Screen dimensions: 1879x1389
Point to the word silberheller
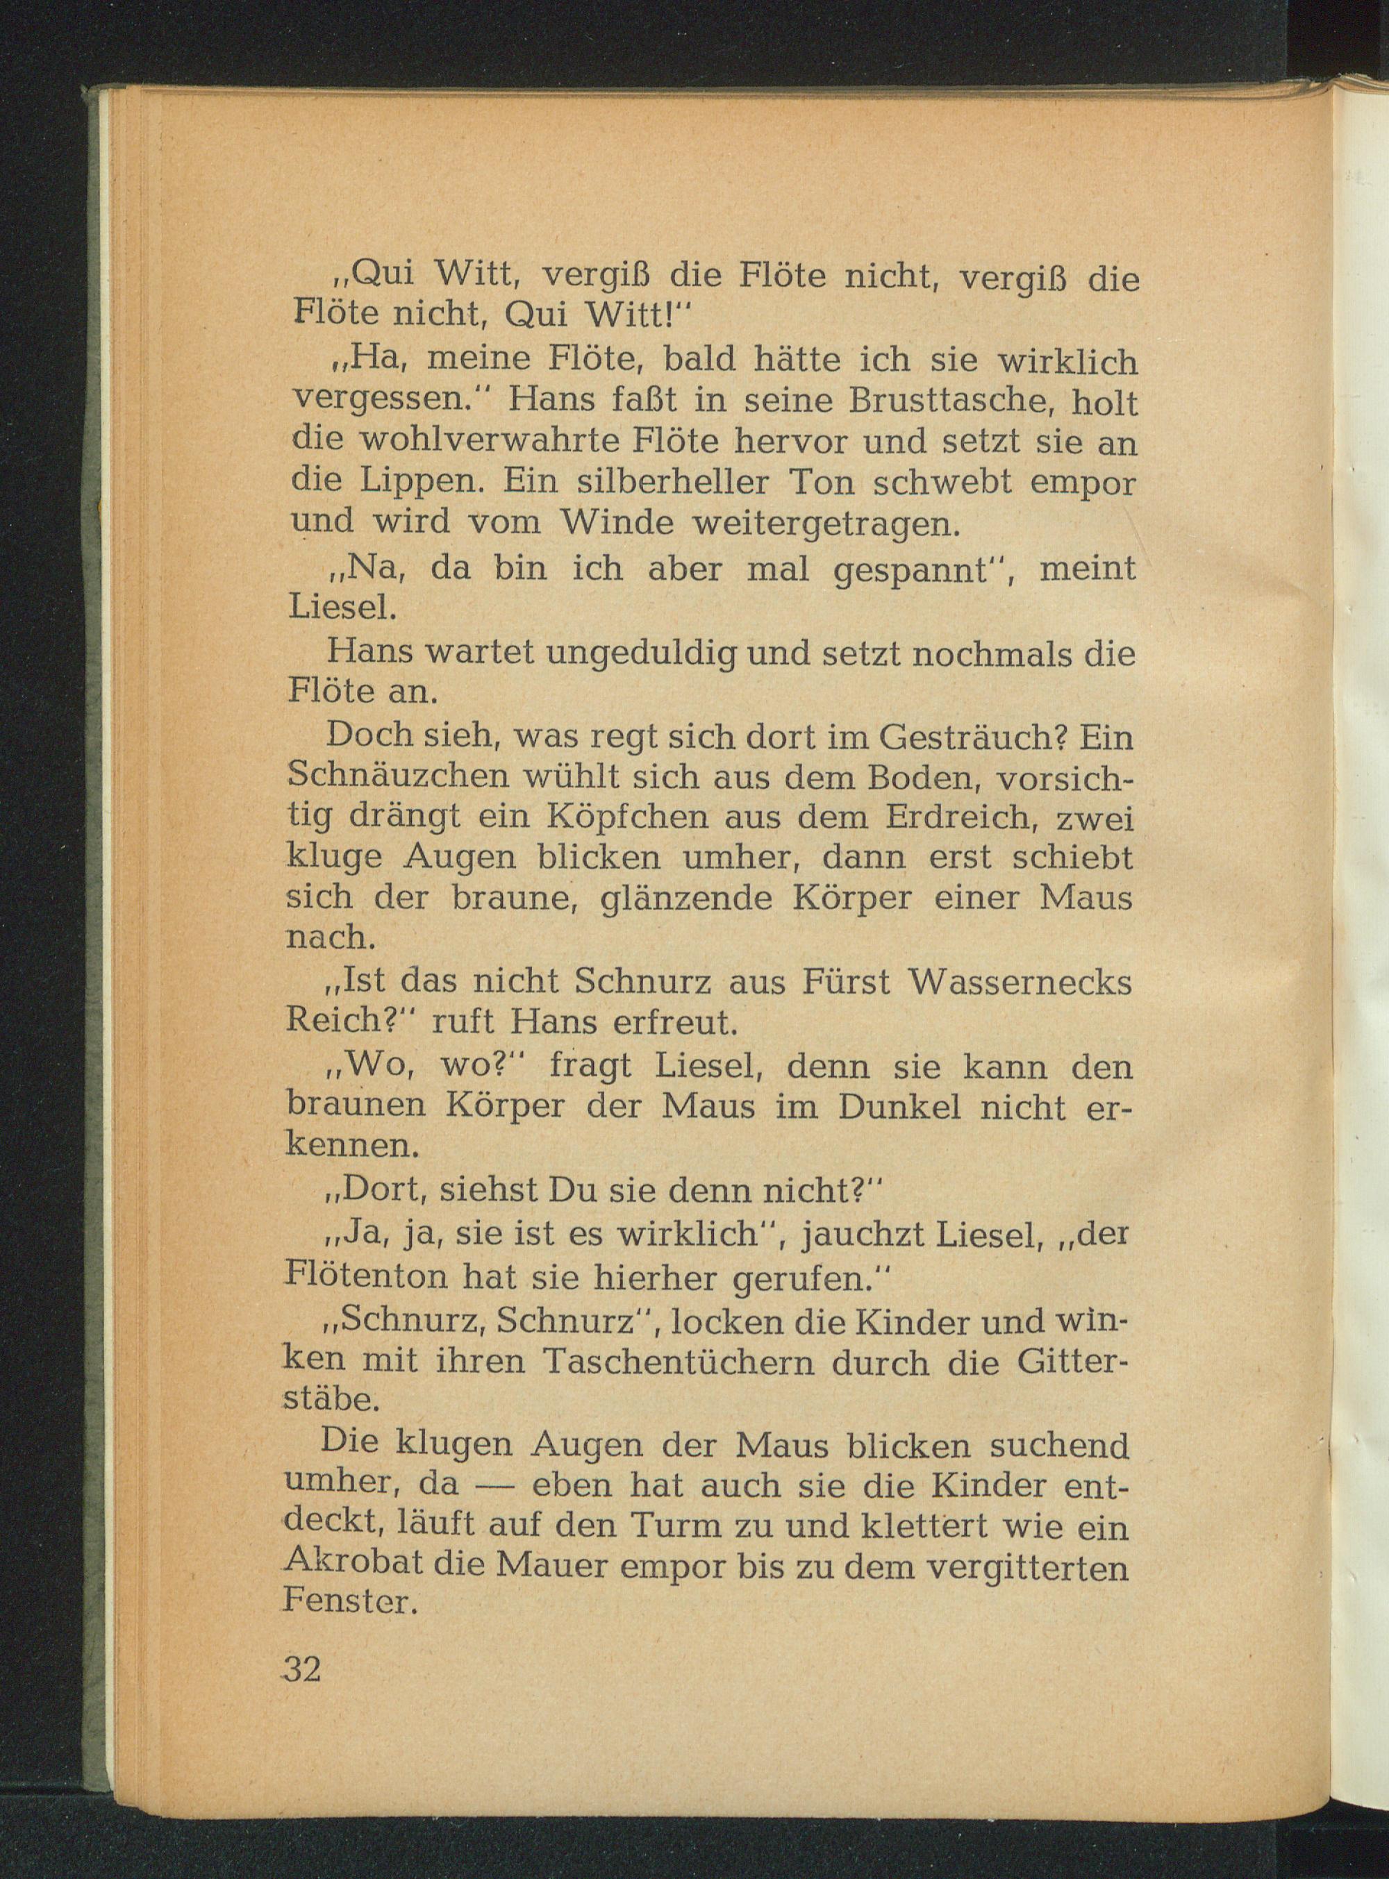pyautogui.click(x=651, y=483)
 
